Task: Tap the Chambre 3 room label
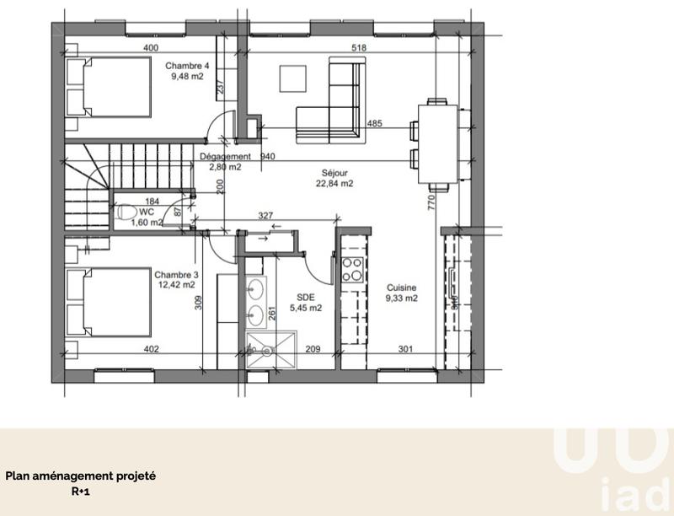[176, 274]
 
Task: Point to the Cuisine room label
[401, 287]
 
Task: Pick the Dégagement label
[225, 157]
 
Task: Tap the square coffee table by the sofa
[294, 79]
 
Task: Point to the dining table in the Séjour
[436, 143]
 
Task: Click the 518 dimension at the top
[359, 49]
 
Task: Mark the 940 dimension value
[269, 157]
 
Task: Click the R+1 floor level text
[81, 491]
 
